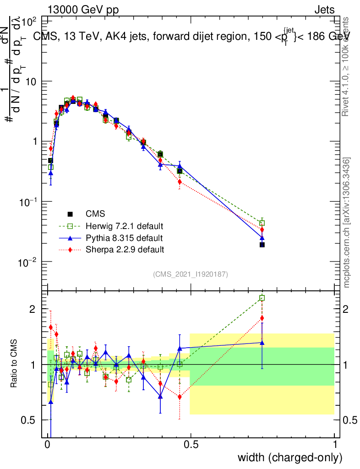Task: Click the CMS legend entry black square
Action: pos(70,214)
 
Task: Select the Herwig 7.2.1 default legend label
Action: pos(125,226)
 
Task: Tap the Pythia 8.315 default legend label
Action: pos(124,238)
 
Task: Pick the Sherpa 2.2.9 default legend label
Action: pos(125,250)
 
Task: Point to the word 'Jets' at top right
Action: pos(324,10)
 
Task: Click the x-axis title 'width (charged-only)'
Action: pos(290,458)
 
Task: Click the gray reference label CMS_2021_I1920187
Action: pos(191,274)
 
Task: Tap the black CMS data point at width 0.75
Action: pos(262,245)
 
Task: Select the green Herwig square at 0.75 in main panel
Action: pos(262,223)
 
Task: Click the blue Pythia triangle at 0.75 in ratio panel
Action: pos(262,342)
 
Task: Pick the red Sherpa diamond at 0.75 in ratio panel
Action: pos(262,318)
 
